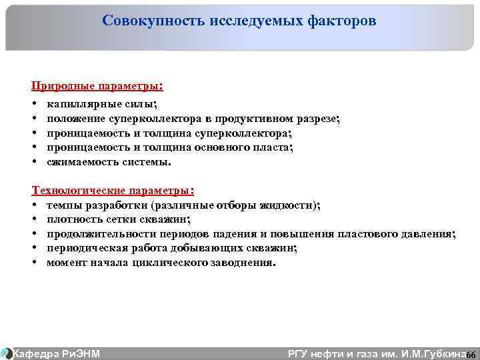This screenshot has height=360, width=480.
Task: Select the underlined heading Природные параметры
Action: tap(96, 87)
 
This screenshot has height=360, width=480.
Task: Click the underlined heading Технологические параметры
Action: tap(113, 191)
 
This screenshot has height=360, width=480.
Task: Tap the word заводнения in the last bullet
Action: tap(244, 263)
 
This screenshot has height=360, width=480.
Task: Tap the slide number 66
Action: tap(470, 354)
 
